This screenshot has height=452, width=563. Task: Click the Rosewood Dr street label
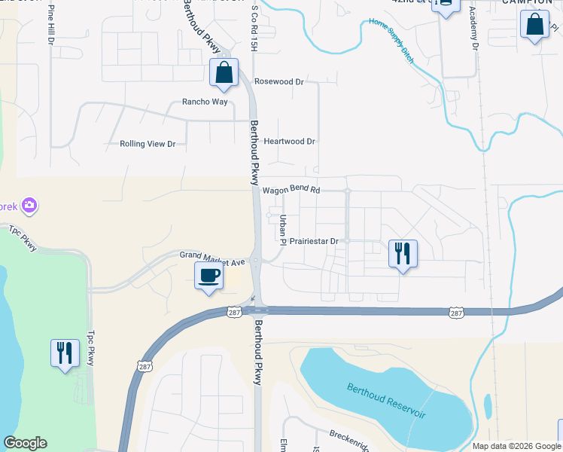click(x=278, y=81)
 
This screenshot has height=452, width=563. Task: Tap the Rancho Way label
click(x=205, y=102)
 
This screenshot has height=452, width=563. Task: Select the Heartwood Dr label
click(x=289, y=141)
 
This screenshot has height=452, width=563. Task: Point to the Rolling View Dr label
click(x=148, y=144)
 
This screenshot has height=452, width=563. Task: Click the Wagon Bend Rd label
click(x=291, y=190)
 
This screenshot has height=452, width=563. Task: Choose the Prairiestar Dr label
click(x=315, y=241)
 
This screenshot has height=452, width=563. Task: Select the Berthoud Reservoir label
click(x=386, y=401)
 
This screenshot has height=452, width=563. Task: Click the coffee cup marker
click(x=208, y=276)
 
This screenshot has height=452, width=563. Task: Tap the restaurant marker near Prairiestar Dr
click(x=402, y=253)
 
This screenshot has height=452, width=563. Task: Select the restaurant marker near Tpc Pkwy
click(x=64, y=353)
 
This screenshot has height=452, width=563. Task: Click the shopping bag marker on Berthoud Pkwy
click(x=224, y=73)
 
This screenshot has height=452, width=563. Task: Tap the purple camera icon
click(x=29, y=205)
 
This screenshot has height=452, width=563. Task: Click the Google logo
click(x=25, y=443)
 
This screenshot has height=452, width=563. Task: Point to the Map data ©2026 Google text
click(x=516, y=446)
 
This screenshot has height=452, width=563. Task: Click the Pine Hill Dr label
click(x=51, y=23)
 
